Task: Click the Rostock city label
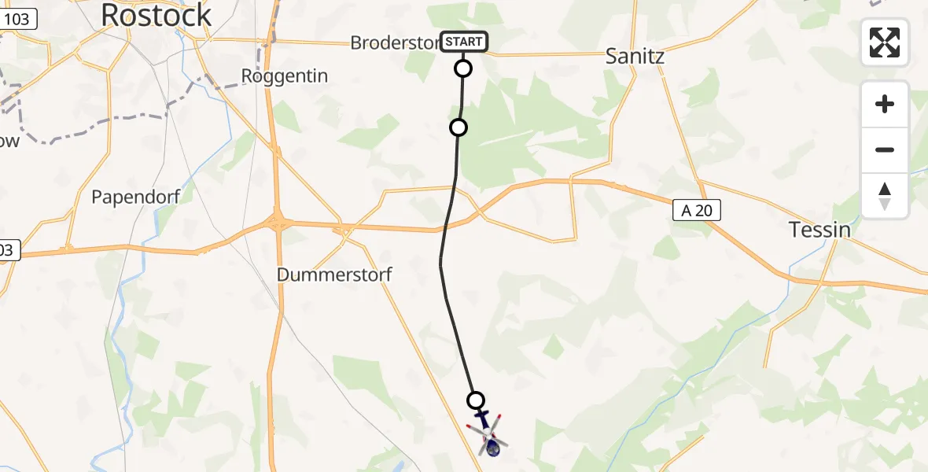pyautogui.click(x=157, y=15)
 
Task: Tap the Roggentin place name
pyautogui.click(x=284, y=76)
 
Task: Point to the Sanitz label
pyautogui.click(x=635, y=56)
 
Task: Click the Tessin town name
pyautogui.click(x=820, y=230)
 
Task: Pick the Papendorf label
pyautogui.click(x=131, y=197)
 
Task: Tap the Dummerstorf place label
pyautogui.click(x=334, y=275)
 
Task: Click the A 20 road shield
pyautogui.click(x=697, y=210)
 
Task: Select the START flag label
pyautogui.click(x=464, y=42)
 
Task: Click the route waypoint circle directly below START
pyautogui.click(x=464, y=68)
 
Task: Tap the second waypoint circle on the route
pyautogui.click(x=458, y=127)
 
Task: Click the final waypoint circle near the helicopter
pyautogui.click(x=476, y=400)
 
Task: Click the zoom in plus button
pyautogui.click(x=885, y=104)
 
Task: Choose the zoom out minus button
pyautogui.click(x=885, y=149)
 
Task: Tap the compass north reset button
pyautogui.click(x=885, y=195)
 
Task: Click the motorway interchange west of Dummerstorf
pyautogui.click(x=277, y=223)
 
